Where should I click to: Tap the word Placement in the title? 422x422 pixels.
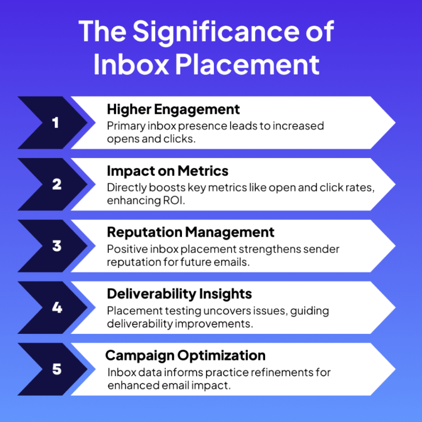pyautogui.click(x=247, y=65)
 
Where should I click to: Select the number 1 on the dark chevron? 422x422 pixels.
pyautogui.click(x=56, y=123)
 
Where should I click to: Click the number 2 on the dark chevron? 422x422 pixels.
pyautogui.click(x=57, y=184)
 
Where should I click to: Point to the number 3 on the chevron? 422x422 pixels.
pyautogui.click(x=57, y=246)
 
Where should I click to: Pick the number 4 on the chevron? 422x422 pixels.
pyautogui.click(x=57, y=308)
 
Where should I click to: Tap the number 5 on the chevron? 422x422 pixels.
pyautogui.click(x=57, y=370)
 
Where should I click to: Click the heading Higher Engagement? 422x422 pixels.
pyautogui.click(x=173, y=110)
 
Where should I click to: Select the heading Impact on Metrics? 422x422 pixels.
pyautogui.click(x=167, y=171)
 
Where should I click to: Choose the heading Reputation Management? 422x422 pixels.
pyautogui.click(x=190, y=233)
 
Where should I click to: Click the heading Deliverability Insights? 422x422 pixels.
pyautogui.click(x=180, y=294)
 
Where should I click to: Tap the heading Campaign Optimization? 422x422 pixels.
pyautogui.click(x=185, y=356)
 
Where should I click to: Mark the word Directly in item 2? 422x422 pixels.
pyautogui.click(x=127, y=188)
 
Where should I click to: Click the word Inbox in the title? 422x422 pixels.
pyautogui.click(x=132, y=65)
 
